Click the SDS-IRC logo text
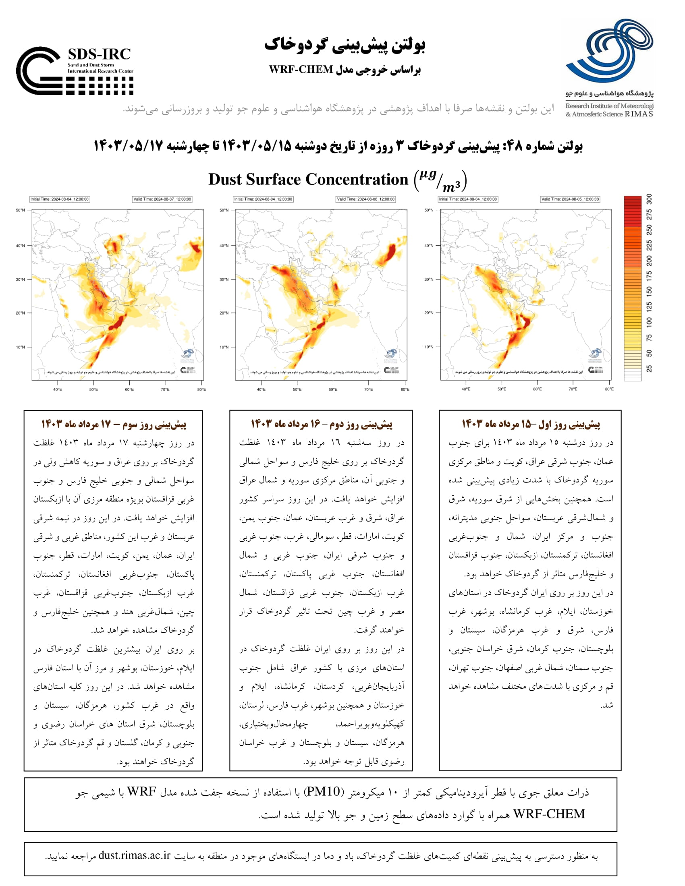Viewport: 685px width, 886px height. click(x=99, y=54)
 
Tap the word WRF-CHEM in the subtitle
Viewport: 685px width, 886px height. click(x=301, y=70)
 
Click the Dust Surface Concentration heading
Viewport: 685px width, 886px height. click(x=308, y=179)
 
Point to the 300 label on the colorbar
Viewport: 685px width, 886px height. click(x=650, y=199)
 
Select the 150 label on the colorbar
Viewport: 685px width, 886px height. click(x=650, y=291)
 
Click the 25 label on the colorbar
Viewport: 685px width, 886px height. click(x=650, y=368)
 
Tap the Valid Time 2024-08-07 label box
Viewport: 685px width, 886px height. click(x=162, y=199)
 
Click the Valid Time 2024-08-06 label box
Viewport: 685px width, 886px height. click(x=365, y=199)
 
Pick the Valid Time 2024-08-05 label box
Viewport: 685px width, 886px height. click(x=570, y=199)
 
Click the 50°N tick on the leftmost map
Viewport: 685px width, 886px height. click(x=20, y=210)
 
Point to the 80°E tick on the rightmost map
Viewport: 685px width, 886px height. click(x=609, y=389)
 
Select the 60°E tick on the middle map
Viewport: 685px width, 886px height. click(x=333, y=389)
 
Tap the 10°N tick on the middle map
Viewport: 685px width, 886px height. click(x=224, y=347)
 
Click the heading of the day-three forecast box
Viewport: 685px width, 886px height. click(x=114, y=424)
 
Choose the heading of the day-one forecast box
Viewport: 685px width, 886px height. click(x=531, y=424)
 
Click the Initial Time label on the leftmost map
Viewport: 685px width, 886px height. click(x=60, y=199)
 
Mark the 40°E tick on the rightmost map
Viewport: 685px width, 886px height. click(x=466, y=389)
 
